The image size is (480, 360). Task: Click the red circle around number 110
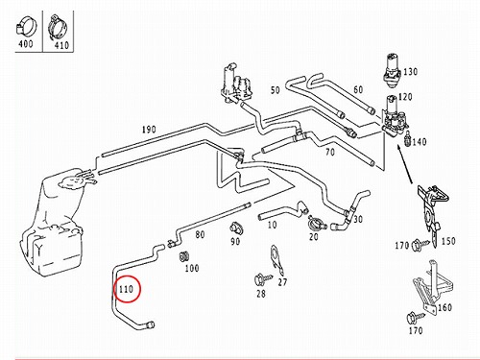coord(115,290)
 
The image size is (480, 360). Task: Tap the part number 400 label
coord(26,43)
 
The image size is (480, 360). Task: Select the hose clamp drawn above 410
coord(58,27)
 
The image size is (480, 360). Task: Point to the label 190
coord(149,130)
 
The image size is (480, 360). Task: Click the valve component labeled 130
coord(392,70)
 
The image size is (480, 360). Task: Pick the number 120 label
coord(405,97)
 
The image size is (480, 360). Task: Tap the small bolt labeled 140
coord(408,137)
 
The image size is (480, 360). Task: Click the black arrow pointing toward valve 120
coord(405,165)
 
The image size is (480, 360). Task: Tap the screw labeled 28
coord(262,279)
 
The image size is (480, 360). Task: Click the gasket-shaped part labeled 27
coord(276,259)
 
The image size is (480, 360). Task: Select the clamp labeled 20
coord(315,223)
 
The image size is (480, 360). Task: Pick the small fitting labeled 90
coord(237,228)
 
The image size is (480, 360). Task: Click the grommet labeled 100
coord(183,256)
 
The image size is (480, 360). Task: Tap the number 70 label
coord(330,152)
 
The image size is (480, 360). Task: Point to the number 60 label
coord(358,89)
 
